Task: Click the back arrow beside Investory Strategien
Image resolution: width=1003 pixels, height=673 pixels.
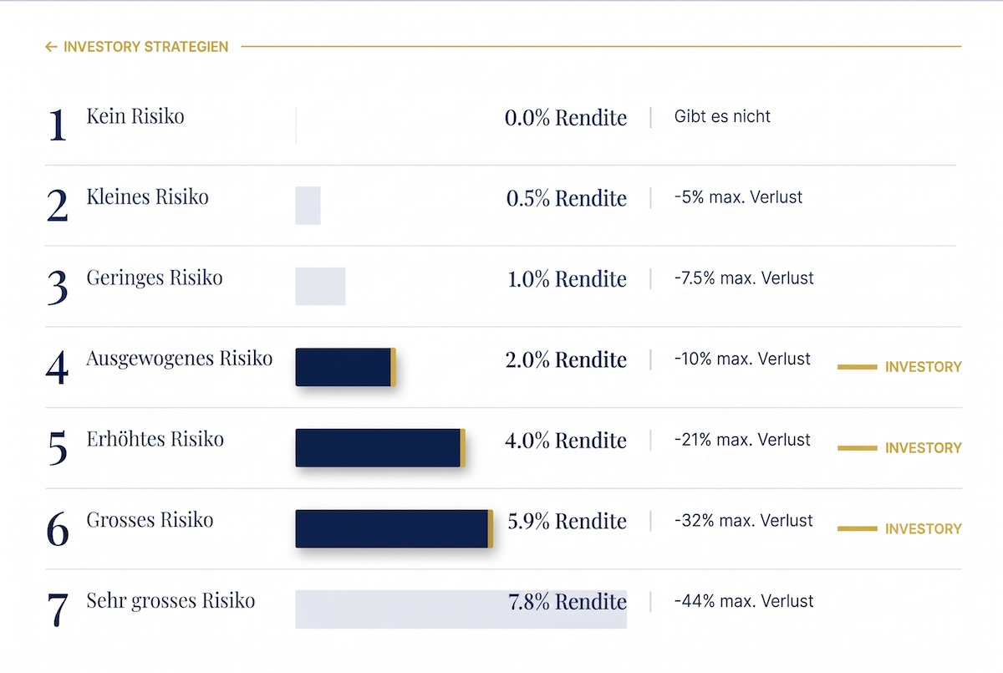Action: [x=51, y=47]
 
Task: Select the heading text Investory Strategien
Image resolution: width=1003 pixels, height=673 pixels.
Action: [x=146, y=47]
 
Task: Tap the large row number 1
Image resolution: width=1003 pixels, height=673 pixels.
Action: [x=58, y=125]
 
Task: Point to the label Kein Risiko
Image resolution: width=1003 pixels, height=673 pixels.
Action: [x=135, y=116]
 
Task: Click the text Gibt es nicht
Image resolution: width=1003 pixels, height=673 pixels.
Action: [x=722, y=116]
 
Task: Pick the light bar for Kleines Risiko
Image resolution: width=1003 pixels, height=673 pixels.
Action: [x=308, y=206]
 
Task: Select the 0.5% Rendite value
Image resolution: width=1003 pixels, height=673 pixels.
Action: [x=567, y=198]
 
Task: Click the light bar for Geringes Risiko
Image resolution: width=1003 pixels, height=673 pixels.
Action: [x=321, y=286]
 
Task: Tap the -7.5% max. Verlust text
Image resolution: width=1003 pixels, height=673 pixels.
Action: [x=744, y=278]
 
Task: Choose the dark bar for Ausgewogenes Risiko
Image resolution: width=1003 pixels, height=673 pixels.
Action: [x=345, y=367]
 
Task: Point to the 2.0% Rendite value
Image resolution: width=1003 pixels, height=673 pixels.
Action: [x=566, y=359]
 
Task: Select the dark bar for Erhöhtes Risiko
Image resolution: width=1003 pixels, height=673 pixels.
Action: [x=380, y=448]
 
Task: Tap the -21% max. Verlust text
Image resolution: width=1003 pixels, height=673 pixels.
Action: [x=742, y=440]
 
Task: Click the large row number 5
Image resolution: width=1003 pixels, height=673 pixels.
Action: [x=58, y=448]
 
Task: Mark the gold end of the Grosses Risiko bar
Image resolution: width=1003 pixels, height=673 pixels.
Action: [x=491, y=529]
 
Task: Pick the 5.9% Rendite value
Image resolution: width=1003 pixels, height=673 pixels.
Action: [x=568, y=521]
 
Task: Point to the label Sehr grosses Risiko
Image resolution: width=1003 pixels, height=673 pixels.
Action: [x=171, y=601]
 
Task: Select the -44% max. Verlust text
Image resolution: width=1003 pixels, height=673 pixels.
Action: [x=744, y=601]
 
